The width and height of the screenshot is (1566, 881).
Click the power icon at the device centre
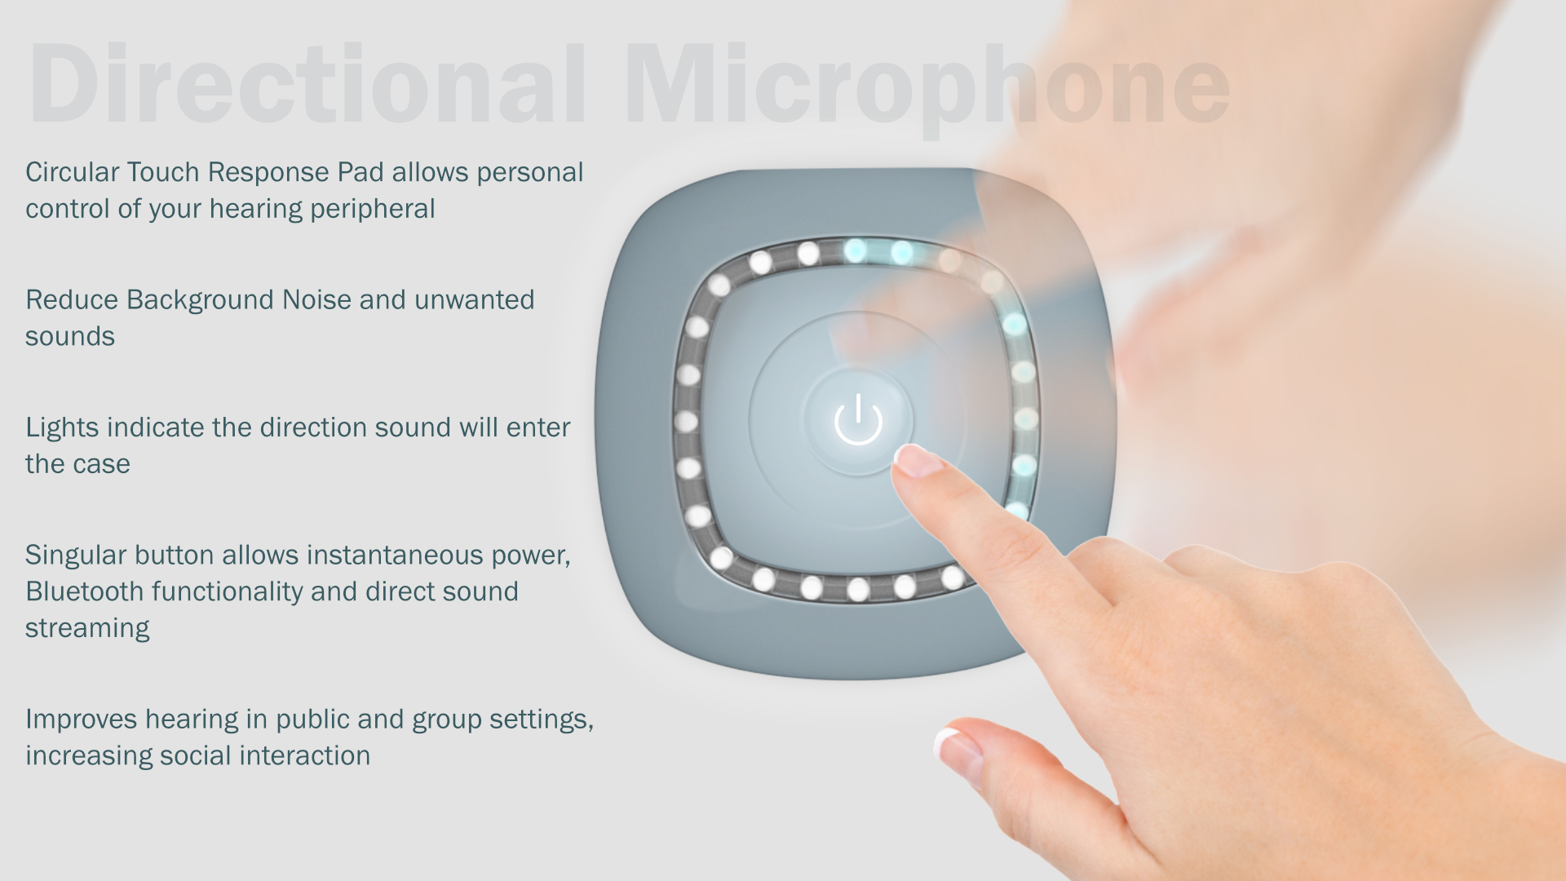[x=858, y=419]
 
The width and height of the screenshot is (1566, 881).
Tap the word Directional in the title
[x=307, y=85]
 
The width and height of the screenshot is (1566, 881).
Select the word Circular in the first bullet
[x=73, y=172]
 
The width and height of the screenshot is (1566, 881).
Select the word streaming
[x=87, y=628]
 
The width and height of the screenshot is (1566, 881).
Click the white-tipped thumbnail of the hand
[x=958, y=751]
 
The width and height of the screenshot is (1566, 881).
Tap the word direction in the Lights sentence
[x=318, y=427]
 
